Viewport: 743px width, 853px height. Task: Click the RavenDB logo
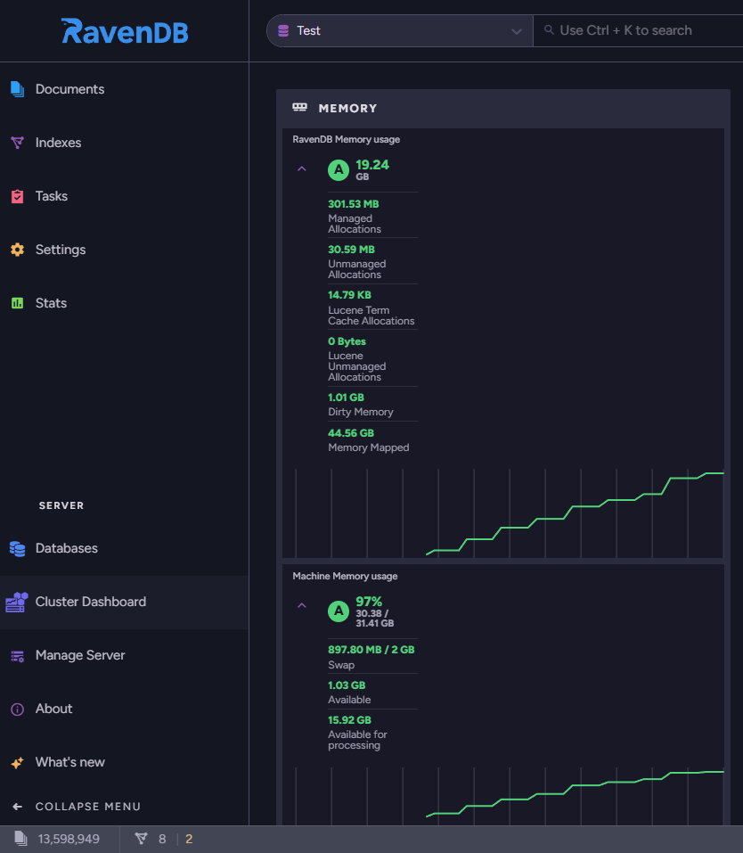pyautogui.click(x=125, y=31)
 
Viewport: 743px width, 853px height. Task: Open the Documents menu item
pyautogui.click(x=69, y=89)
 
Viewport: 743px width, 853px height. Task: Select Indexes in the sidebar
pyautogui.click(x=58, y=143)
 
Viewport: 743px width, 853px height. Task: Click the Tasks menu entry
pyautogui.click(x=51, y=196)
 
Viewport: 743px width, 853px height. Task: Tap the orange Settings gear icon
pyautogui.click(x=18, y=250)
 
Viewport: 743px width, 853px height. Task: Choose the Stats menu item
pyautogui.click(x=51, y=303)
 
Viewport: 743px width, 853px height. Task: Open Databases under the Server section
pyautogui.click(x=66, y=548)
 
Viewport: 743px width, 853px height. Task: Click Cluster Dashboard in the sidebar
pyautogui.click(x=90, y=602)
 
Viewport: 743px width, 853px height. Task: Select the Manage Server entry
pyautogui.click(x=80, y=655)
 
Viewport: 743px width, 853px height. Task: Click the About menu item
pyautogui.click(x=53, y=709)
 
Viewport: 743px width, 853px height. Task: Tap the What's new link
pyautogui.click(x=70, y=762)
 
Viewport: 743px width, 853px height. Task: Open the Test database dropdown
pyautogui.click(x=400, y=31)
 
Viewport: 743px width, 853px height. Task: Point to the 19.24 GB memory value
pyautogui.click(x=372, y=169)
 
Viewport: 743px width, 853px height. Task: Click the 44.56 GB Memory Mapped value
pyautogui.click(x=351, y=433)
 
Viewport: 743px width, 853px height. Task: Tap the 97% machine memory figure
pyautogui.click(x=369, y=602)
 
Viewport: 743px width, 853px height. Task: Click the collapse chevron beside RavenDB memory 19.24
pyautogui.click(x=302, y=169)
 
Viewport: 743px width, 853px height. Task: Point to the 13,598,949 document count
pyautogui.click(x=69, y=839)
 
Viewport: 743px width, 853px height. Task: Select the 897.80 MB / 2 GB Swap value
pyautogui.click(x=371, y=650)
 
